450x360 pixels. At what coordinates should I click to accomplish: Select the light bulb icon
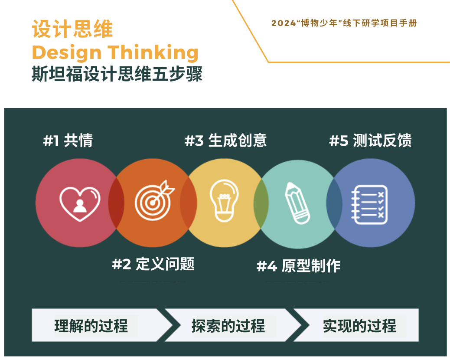[224, 200]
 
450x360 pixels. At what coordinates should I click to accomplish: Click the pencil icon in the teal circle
[297, 203]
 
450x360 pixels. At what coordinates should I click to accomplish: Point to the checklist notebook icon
[370, 204]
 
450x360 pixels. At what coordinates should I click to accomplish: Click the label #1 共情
[68, 141]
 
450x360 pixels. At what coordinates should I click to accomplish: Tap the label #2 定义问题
[153, 264]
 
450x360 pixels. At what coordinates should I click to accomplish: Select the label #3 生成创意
[225, 141]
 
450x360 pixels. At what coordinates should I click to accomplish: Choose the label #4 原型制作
[298, 265]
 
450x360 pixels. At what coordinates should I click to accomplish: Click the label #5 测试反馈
[371, 141]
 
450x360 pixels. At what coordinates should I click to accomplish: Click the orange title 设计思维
[72, 29]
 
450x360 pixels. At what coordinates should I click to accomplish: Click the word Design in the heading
[67, 53]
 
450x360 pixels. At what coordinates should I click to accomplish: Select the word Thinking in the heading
[153, 53]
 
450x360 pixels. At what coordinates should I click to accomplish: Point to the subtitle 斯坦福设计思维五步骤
[117, 74]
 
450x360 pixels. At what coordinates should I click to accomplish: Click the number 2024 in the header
[284, 23]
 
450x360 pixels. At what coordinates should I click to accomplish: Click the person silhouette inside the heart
[80, 206]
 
